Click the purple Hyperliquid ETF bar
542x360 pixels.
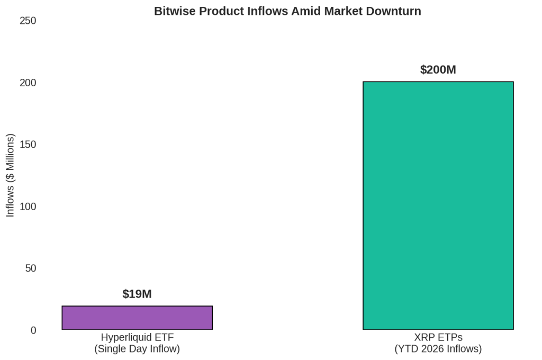pos(137,318)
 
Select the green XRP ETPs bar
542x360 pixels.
pos(438,205)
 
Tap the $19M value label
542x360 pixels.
pos(137,294)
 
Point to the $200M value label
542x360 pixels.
pos(438,69)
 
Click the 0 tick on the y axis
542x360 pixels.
pos(33,330)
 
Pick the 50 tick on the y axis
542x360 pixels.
pos(30,268)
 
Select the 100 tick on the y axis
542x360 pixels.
pos(28,206)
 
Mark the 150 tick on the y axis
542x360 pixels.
pos(28,144)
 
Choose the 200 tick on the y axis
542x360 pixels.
pos(28,83)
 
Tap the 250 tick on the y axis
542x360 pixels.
pos(28,21)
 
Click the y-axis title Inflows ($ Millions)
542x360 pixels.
pos(10,175)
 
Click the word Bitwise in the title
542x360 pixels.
pos(175,11)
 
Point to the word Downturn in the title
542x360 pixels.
pos(393,11)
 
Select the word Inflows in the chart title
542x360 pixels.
pos(267,11)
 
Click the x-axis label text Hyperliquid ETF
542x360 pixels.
pos(137,337)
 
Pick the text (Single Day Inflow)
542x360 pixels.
pos(137,348)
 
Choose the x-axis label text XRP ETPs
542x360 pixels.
pos(438,337)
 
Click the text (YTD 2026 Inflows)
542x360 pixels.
pos(438,348)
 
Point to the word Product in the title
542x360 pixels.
pos(222,11)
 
